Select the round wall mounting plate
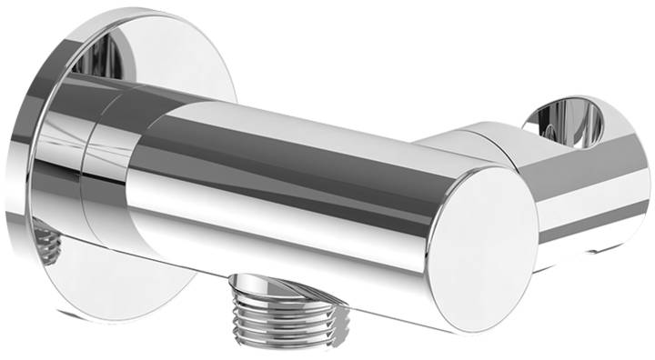55,182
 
